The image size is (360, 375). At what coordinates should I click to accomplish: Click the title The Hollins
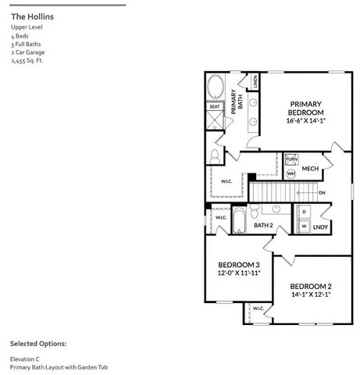33,16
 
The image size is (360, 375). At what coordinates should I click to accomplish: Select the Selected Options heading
38,343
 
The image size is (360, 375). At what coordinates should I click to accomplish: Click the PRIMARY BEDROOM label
306,109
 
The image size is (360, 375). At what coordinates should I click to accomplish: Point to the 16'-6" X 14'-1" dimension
306,121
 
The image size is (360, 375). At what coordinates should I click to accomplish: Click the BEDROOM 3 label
238,266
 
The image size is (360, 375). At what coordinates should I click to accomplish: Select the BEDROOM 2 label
306,286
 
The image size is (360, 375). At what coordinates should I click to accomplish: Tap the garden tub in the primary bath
216,86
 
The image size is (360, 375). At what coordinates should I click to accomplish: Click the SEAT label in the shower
215,106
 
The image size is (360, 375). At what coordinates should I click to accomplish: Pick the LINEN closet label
255,80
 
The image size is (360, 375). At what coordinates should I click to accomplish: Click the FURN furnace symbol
291,159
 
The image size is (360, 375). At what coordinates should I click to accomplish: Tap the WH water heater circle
290,173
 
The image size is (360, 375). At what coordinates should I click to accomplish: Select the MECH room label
310,169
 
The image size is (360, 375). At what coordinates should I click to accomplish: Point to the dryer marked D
303,211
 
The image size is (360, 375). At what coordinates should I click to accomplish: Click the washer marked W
303,226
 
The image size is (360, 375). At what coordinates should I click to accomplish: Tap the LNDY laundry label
319,227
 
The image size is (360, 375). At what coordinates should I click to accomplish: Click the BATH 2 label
263,225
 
